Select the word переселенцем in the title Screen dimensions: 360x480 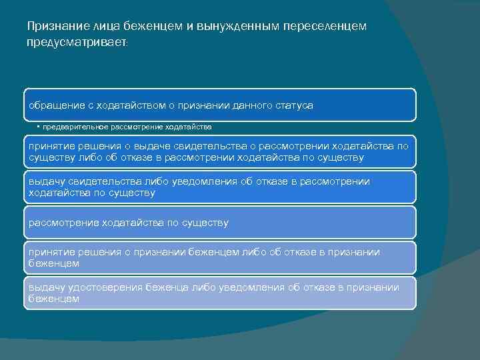point(325,26)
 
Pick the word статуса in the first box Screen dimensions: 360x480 point(293,105)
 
